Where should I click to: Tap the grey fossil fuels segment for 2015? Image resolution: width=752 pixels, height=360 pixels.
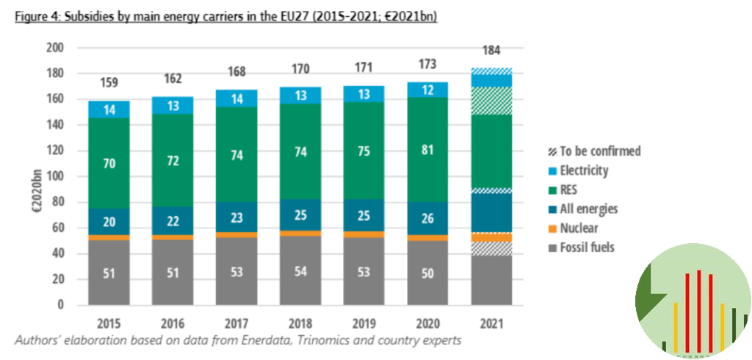point(109,273)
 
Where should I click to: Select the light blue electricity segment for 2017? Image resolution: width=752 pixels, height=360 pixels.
point(237,99)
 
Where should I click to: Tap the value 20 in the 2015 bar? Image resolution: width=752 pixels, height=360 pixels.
point(109,223)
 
